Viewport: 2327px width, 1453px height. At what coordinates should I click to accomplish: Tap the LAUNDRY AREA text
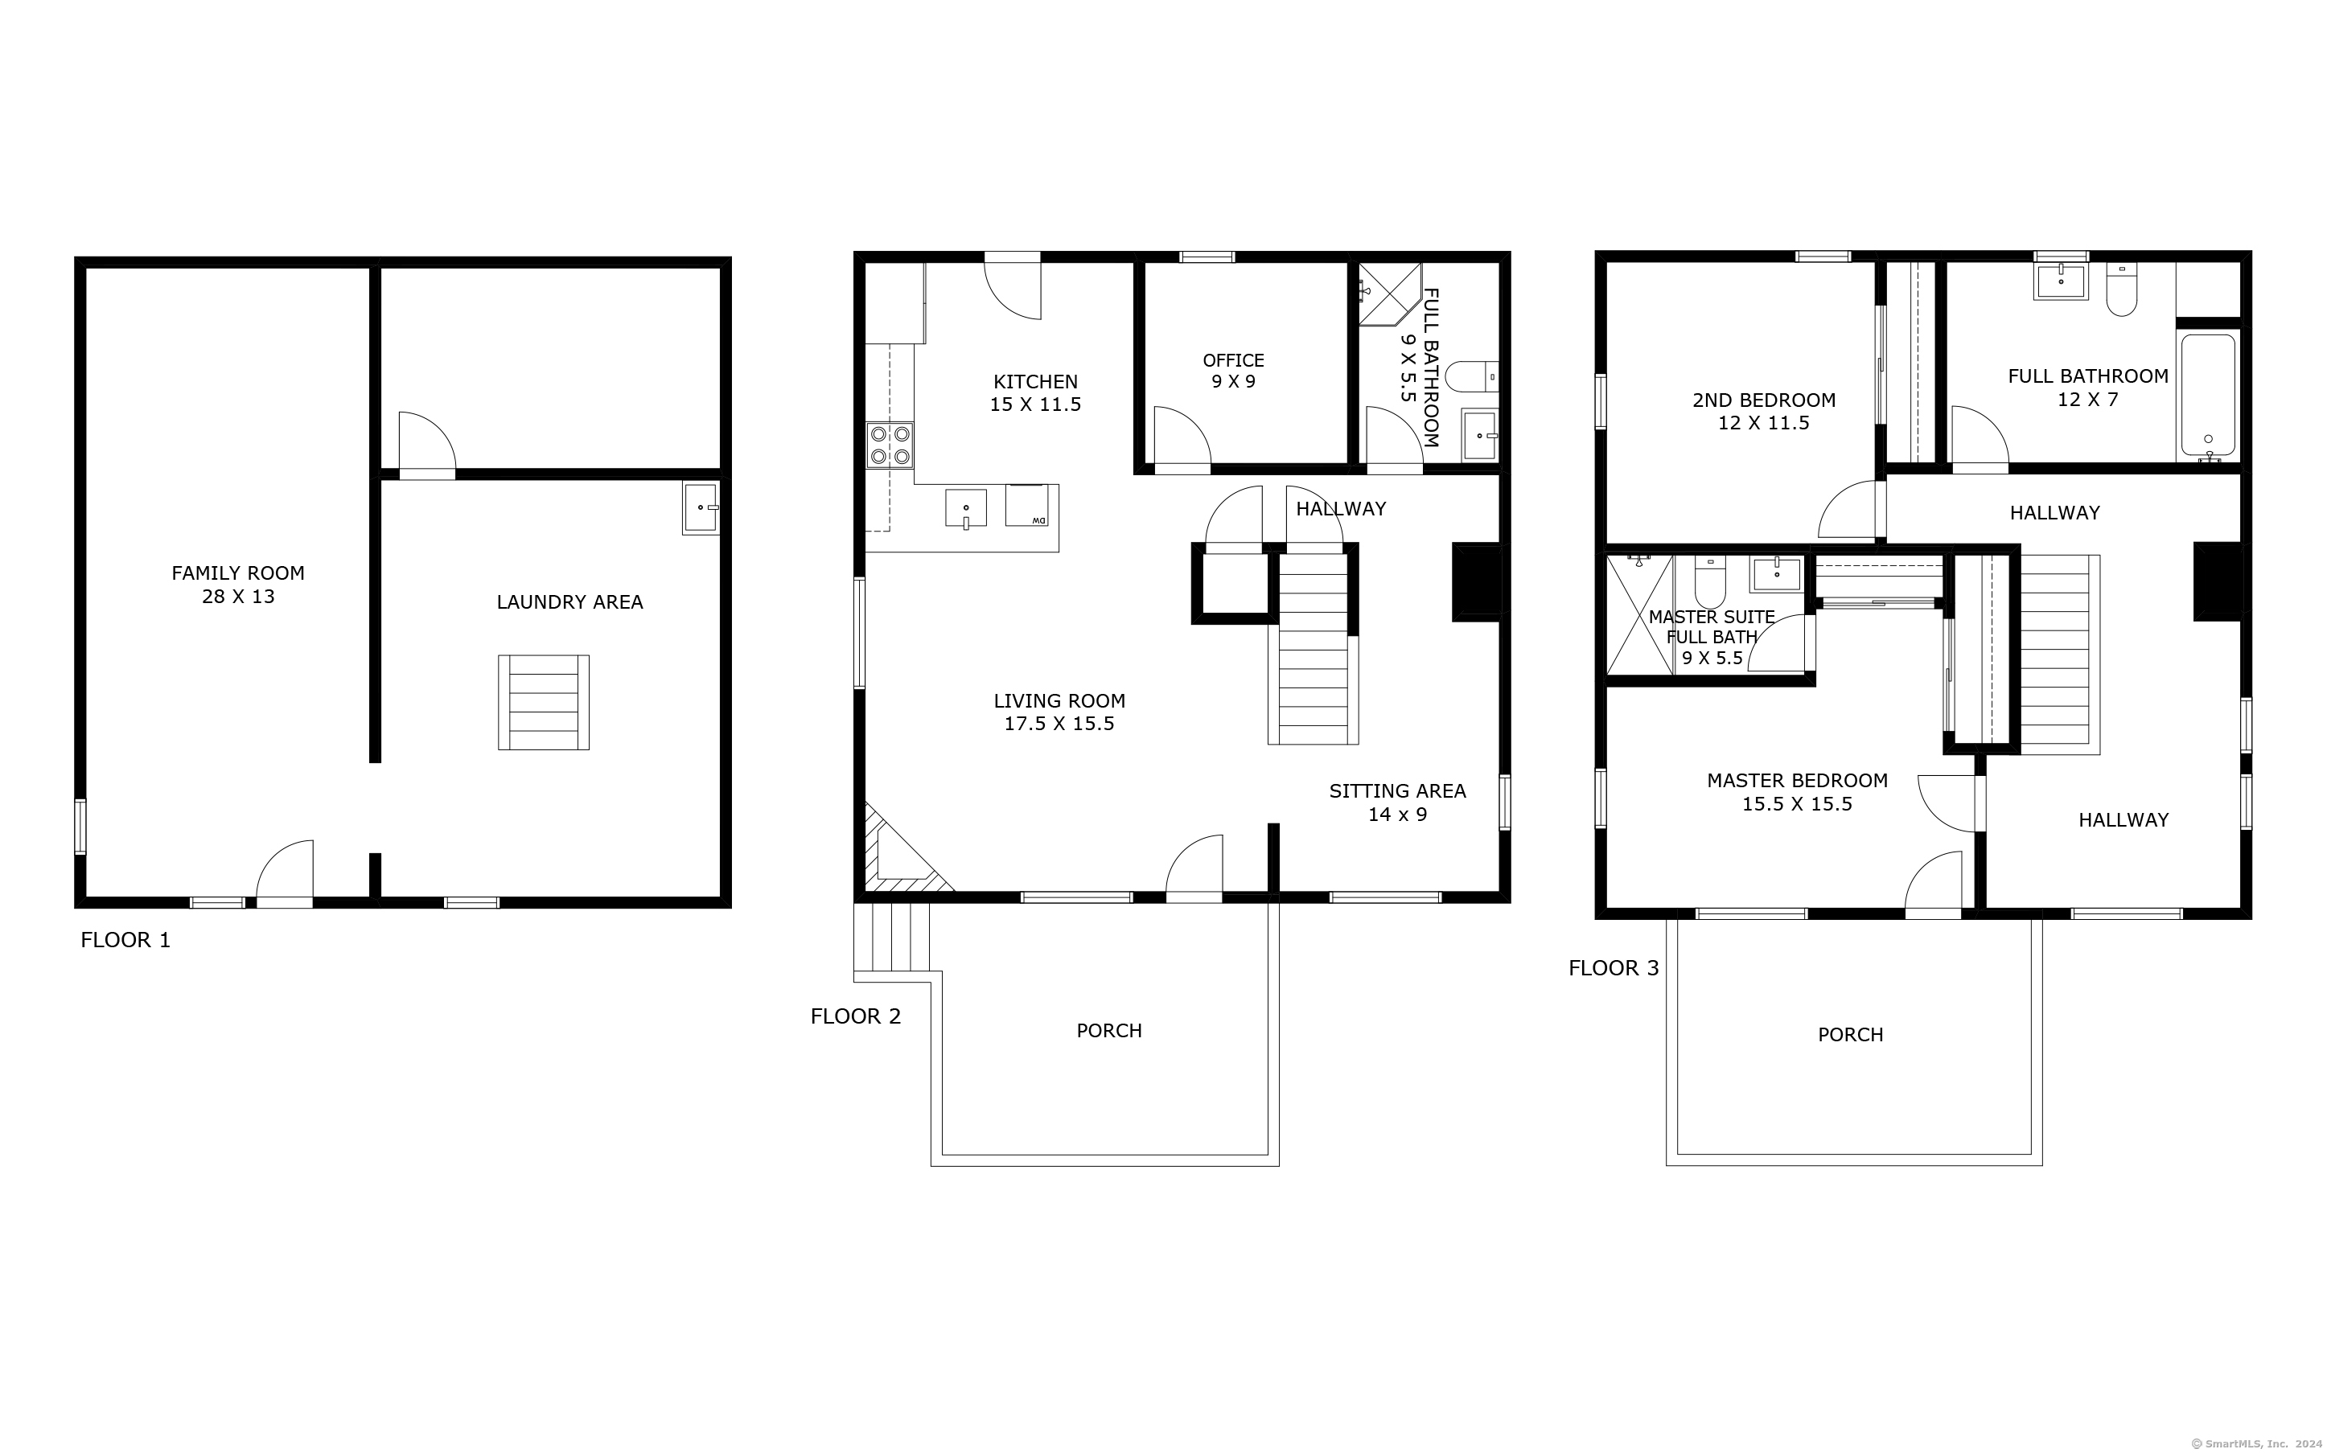tap(570, 602)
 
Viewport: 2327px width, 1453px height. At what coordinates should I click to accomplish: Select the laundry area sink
tap(701, 507)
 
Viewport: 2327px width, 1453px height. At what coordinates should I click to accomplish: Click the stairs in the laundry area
tap(543, 703)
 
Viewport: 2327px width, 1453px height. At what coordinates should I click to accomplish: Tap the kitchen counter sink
tap(965, 508)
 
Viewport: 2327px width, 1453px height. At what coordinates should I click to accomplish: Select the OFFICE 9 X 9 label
tap(1233, 371)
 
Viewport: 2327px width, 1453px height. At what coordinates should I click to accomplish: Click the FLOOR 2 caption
tap(856, 1016)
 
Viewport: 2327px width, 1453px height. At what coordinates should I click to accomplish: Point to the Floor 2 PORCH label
tap(1109, 1031)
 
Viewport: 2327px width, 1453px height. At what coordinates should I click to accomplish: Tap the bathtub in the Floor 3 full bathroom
tap(2208, 396)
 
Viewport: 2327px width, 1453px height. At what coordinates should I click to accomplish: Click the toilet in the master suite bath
tap(1710, 581)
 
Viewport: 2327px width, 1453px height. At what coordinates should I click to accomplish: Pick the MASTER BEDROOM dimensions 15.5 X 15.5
tap(1796, 804)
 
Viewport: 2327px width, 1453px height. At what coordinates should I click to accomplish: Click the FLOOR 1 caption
tap(125, 941)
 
